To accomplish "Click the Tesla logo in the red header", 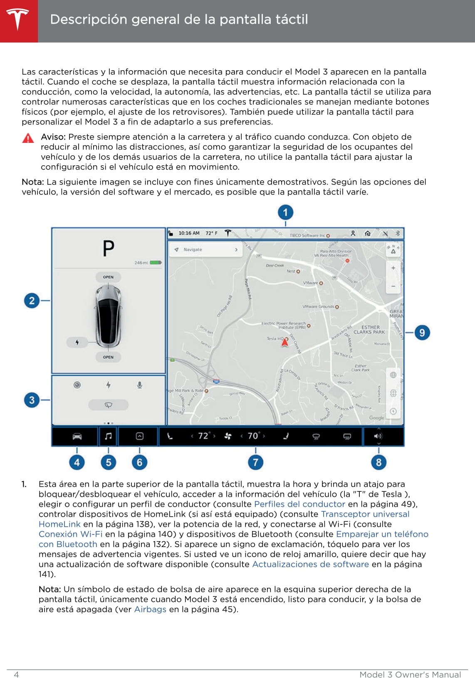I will [x=17, y=19].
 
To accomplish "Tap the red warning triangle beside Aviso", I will [x=28, y=138].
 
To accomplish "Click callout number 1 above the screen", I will [x=285, y=213].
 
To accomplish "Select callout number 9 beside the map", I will [x=422, y=332].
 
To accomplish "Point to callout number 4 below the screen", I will [x=77, y=462].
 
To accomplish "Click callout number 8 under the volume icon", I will [x=379, y=462].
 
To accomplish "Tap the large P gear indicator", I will [x=109, y=249].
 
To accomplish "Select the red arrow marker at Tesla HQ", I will [x=285, y=342].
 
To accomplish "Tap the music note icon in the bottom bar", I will [x=109, y=436].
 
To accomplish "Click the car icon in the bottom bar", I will [x=77, y=436].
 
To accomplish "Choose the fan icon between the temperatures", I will [x=228, y=436].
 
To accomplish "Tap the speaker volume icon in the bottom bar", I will [x=378, y=436].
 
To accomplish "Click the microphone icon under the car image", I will [x=140, y=385].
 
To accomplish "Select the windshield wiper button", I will [x=108, y=405].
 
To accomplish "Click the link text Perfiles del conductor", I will [x=299, y=504].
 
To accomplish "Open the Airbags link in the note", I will [x=150, y=609].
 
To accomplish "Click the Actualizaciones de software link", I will [x=310, y=564].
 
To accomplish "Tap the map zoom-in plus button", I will [x=393, y=268].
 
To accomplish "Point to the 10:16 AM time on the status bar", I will [x=189, y=233].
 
